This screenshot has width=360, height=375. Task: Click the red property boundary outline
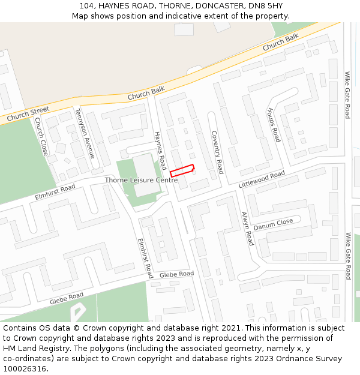(x=182, y=170)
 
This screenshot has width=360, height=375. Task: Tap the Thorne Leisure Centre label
(x=141, y=180)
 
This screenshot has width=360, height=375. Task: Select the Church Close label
(x=41, y=136)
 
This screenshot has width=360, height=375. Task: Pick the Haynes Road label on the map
(x=160, y=151)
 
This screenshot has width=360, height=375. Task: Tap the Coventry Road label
(x=217, y=152)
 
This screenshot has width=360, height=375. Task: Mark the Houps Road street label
(x=273, y=125)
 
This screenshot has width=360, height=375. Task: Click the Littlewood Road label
(x=261, y=179)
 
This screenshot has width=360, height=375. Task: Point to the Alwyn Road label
(x=247, y=228)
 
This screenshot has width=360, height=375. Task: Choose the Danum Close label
(x=273, y=224)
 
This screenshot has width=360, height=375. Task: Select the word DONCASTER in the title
(x=209, y=6)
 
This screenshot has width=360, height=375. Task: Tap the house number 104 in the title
(x=87, y=6)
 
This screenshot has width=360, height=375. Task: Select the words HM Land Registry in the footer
(x=33, y=349)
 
